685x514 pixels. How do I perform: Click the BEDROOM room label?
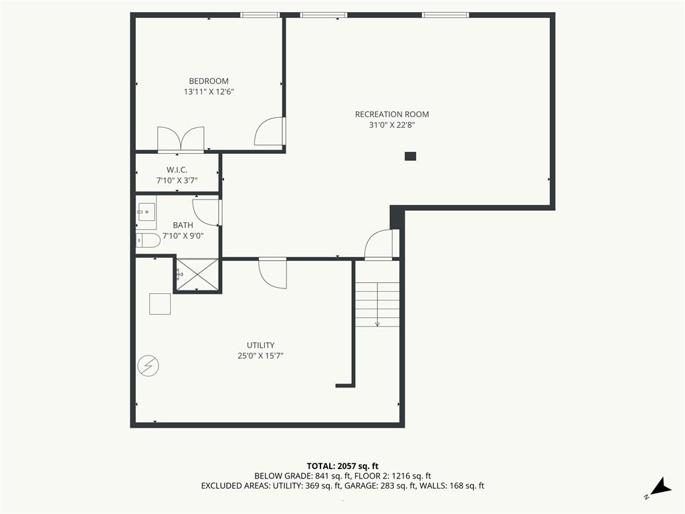point(209,81)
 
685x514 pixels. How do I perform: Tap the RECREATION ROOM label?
point(392,114)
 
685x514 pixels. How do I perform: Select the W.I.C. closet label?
point(177,169)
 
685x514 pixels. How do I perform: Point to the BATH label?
point(183,225)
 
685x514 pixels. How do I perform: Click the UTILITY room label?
point(260,345)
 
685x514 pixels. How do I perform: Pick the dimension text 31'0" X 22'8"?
point(392,125)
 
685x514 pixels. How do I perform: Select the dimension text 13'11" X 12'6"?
point(209,92)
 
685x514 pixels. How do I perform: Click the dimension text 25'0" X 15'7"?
point(260,356)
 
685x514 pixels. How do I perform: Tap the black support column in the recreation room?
point(410,156)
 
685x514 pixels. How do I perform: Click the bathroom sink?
point(146,212)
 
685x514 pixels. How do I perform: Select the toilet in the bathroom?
point(148,240)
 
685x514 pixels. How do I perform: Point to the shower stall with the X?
point(197,274)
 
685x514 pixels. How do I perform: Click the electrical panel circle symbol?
point(148,366)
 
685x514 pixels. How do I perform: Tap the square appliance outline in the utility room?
point(160,304)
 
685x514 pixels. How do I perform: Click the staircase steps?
point(377,305)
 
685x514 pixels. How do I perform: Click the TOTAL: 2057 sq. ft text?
point(342,466)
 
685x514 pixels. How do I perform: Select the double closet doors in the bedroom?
point(181,139)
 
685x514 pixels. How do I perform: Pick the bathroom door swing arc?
point(205,212)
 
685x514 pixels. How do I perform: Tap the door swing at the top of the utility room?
point(273,273)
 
